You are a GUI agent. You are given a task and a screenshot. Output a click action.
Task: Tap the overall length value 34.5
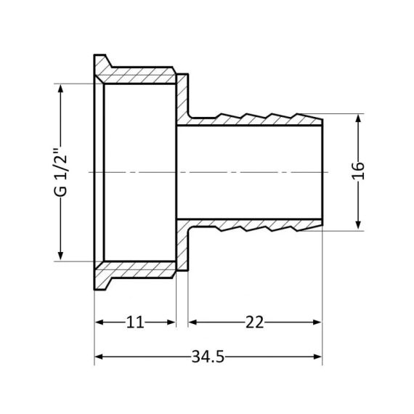208,357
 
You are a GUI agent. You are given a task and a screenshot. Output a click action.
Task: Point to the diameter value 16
359,172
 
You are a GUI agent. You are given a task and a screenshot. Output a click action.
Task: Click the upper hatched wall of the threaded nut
138,76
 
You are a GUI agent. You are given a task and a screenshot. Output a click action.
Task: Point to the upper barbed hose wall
254,118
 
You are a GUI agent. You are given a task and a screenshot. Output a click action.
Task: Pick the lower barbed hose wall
254,226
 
